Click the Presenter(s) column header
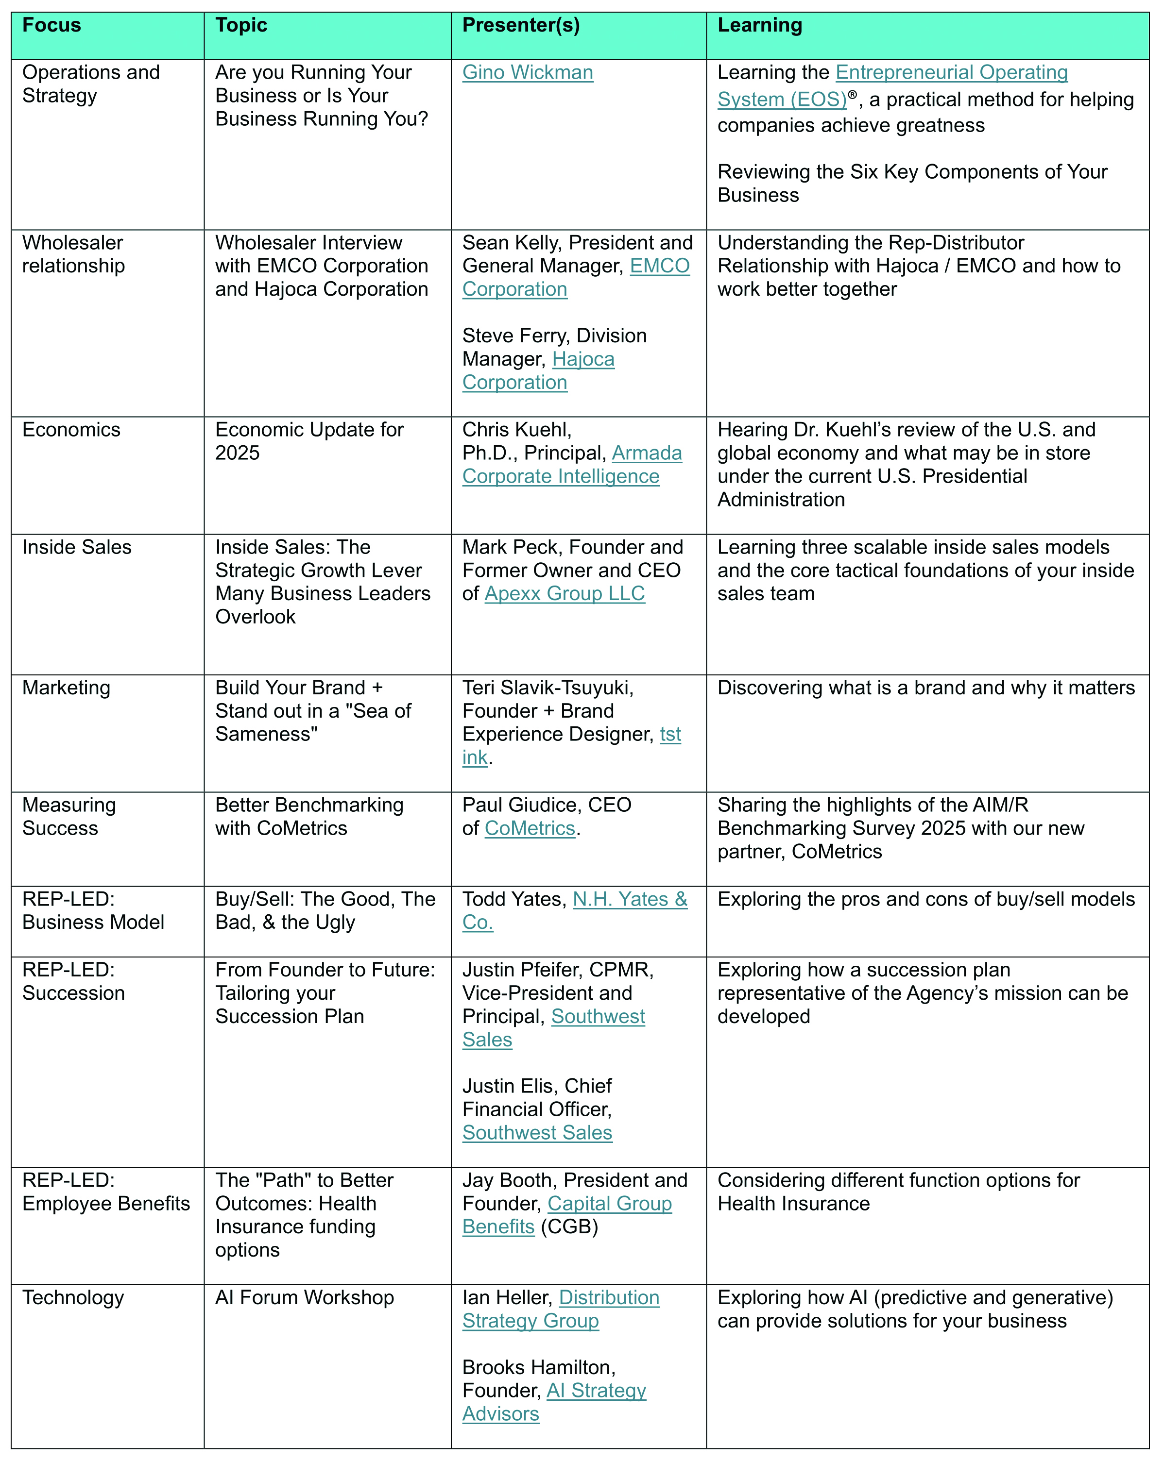click(521, 25)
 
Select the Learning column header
click(759, 25)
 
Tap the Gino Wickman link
click(528, 72)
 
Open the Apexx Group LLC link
click(565, 594)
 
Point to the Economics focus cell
click(71, 430)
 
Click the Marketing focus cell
click(66, 688)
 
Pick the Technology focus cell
click(73, 1298)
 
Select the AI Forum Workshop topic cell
click(305, 1298)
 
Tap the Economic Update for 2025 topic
click(309, 441)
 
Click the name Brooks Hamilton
click(538, 1367)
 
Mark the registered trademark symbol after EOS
click(852, 94)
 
